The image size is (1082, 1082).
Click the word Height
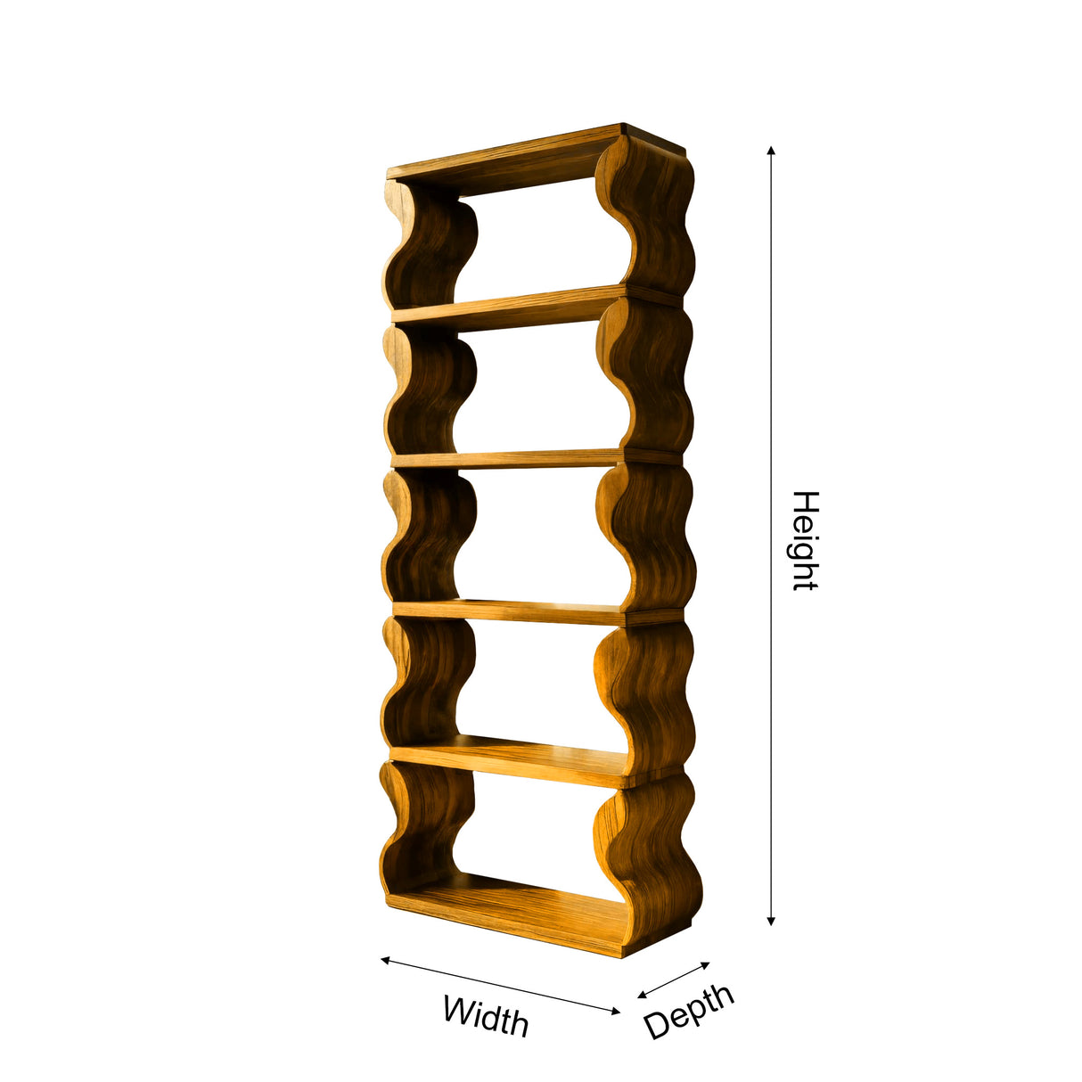point(805,541)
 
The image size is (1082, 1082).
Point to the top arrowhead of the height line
point(771,151)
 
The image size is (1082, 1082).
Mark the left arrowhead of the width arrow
point(386,960)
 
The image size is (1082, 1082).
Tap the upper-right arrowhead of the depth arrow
point(705,964)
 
